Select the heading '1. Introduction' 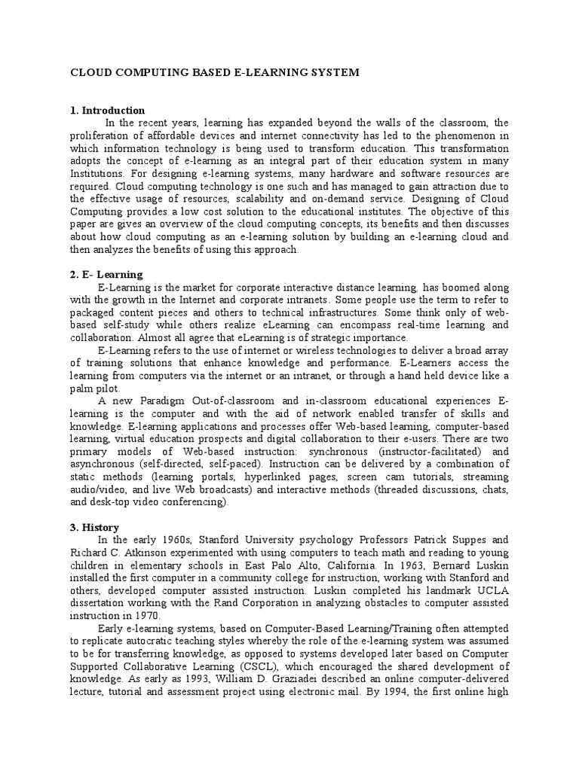[107, 111]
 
